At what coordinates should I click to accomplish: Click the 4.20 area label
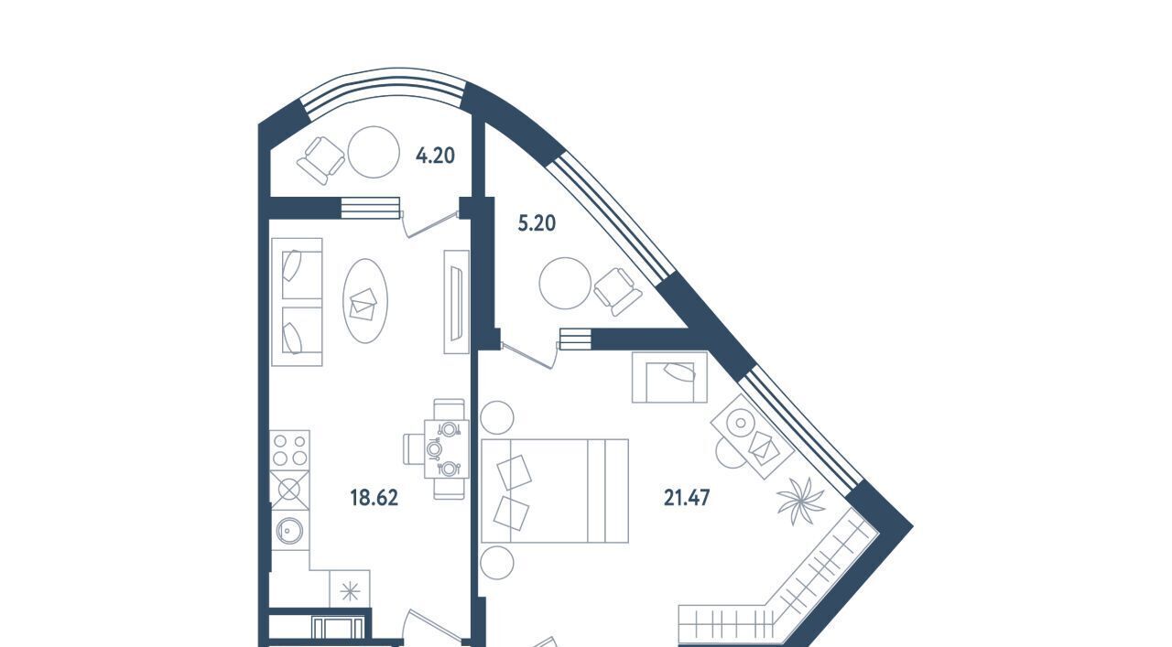pos(435,156)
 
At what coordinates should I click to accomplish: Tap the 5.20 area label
pos(537,222)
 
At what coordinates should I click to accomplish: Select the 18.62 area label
pos(374,498)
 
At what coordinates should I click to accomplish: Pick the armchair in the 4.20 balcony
pos(321,159)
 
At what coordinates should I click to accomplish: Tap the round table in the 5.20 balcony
pos(563,285)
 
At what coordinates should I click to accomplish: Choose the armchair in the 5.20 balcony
pos(618,291)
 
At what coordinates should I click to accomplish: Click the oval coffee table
pos(364,301)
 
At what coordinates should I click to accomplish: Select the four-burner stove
pos(289,449)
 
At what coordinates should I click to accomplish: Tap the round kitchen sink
pos(289,529)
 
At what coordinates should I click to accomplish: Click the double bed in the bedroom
pos(554,491)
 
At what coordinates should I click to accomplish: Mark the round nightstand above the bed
pos(498,417)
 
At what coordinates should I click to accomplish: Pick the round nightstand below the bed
pos(498,561)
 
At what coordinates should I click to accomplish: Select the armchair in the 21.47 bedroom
pos(669,377)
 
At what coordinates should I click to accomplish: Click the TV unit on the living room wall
pos(456,301)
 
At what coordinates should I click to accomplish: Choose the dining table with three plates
pos(449,448)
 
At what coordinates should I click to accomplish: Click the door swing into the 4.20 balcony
pos(430,224)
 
